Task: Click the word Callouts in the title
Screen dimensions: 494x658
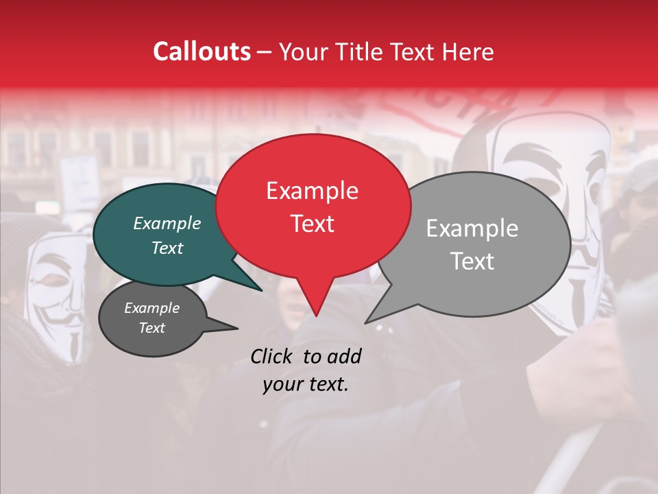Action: pos(202,51)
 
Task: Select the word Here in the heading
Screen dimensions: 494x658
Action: pos(466,51)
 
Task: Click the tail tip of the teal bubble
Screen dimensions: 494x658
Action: pos(261,290)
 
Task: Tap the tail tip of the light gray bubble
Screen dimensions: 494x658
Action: pos(365,322)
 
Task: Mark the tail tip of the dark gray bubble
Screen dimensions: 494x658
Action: pos(237,329)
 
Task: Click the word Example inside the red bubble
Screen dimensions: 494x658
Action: pos(312,191)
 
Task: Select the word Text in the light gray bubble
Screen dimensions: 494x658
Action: pos(472,261)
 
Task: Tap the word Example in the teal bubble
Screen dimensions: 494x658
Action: pos(167,224)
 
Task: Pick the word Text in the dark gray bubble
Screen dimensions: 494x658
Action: pos(152,328)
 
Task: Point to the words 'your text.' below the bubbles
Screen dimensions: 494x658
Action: pos(306,385)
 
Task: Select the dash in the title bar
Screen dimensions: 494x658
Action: pos(265,52)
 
